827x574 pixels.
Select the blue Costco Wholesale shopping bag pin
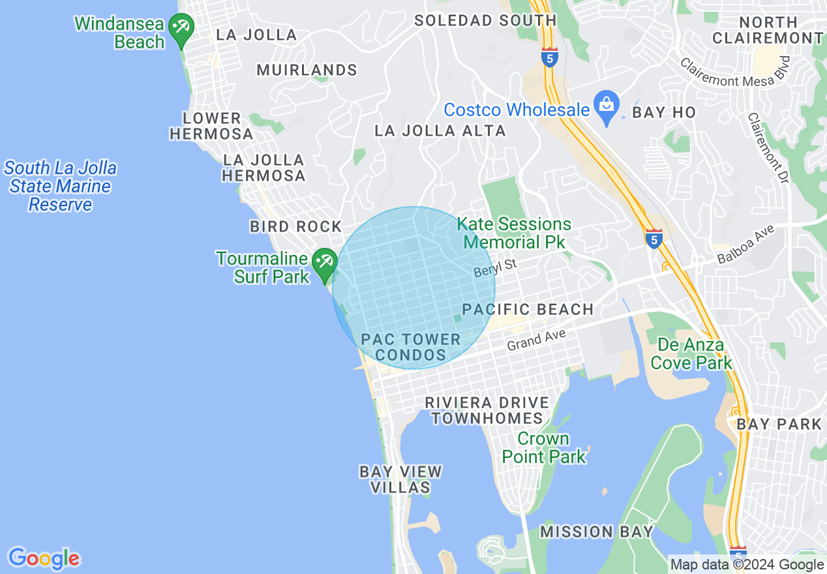tap(607, 106)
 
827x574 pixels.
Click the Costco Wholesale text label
tap(517, 110)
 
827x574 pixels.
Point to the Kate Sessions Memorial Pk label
tap(514, 233)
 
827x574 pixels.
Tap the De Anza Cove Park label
tap(691, 354)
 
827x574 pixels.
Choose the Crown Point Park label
tap(544, 447)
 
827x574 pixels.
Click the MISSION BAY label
tap(596, 532)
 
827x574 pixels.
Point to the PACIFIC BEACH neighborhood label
tap(528, 309)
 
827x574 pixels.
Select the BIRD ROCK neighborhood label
tap(295, 226)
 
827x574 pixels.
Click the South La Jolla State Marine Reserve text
tap(61, 187)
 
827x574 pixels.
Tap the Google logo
tap(44, 558)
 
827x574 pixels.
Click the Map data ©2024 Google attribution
tap(747, 565)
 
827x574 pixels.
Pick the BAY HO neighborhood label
tap(664, 112)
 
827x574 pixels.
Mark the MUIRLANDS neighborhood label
tap(307, 70)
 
